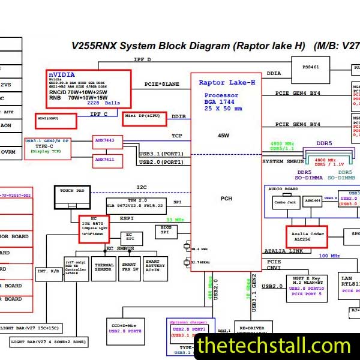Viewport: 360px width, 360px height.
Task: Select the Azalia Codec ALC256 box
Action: tap(306, 236)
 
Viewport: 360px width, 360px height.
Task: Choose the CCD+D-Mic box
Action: tap(126, 328)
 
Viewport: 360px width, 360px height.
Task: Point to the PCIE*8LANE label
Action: tap(162, 84)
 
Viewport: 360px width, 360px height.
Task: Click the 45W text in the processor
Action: tap(224, 136)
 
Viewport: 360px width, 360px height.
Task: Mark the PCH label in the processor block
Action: tap(226, 199)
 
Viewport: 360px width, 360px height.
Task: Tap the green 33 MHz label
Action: tap(176, 220)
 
